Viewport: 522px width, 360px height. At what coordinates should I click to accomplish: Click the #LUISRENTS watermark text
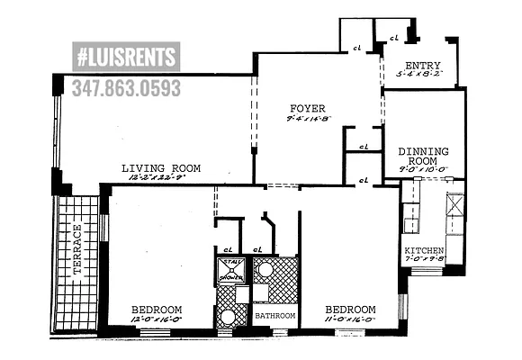[125, 58]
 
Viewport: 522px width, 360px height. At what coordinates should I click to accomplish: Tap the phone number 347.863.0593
[125, 87]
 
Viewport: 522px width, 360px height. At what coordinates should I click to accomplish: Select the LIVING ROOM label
[161, 168]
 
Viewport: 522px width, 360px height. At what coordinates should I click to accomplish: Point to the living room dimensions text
[161, 177]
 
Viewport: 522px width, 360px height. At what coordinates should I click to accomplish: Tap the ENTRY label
[423, 66]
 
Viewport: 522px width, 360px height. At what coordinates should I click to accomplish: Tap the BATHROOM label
[274, 316]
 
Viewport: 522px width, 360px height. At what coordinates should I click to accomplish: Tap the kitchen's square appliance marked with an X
[454, 202]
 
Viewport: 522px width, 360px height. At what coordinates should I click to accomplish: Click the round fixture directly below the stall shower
[229, 317]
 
